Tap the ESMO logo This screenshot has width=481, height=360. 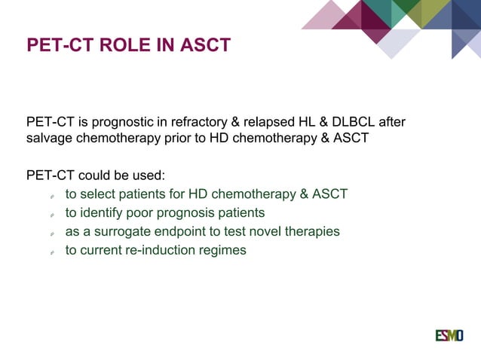click(x=449, y=335)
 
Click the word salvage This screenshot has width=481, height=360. click(x=50, y=139)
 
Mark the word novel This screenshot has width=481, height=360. click(x=267, y=231)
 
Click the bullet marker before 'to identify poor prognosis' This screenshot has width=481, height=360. click(x=51, y=215)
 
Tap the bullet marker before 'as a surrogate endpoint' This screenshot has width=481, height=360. click(x=51, y=233)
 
